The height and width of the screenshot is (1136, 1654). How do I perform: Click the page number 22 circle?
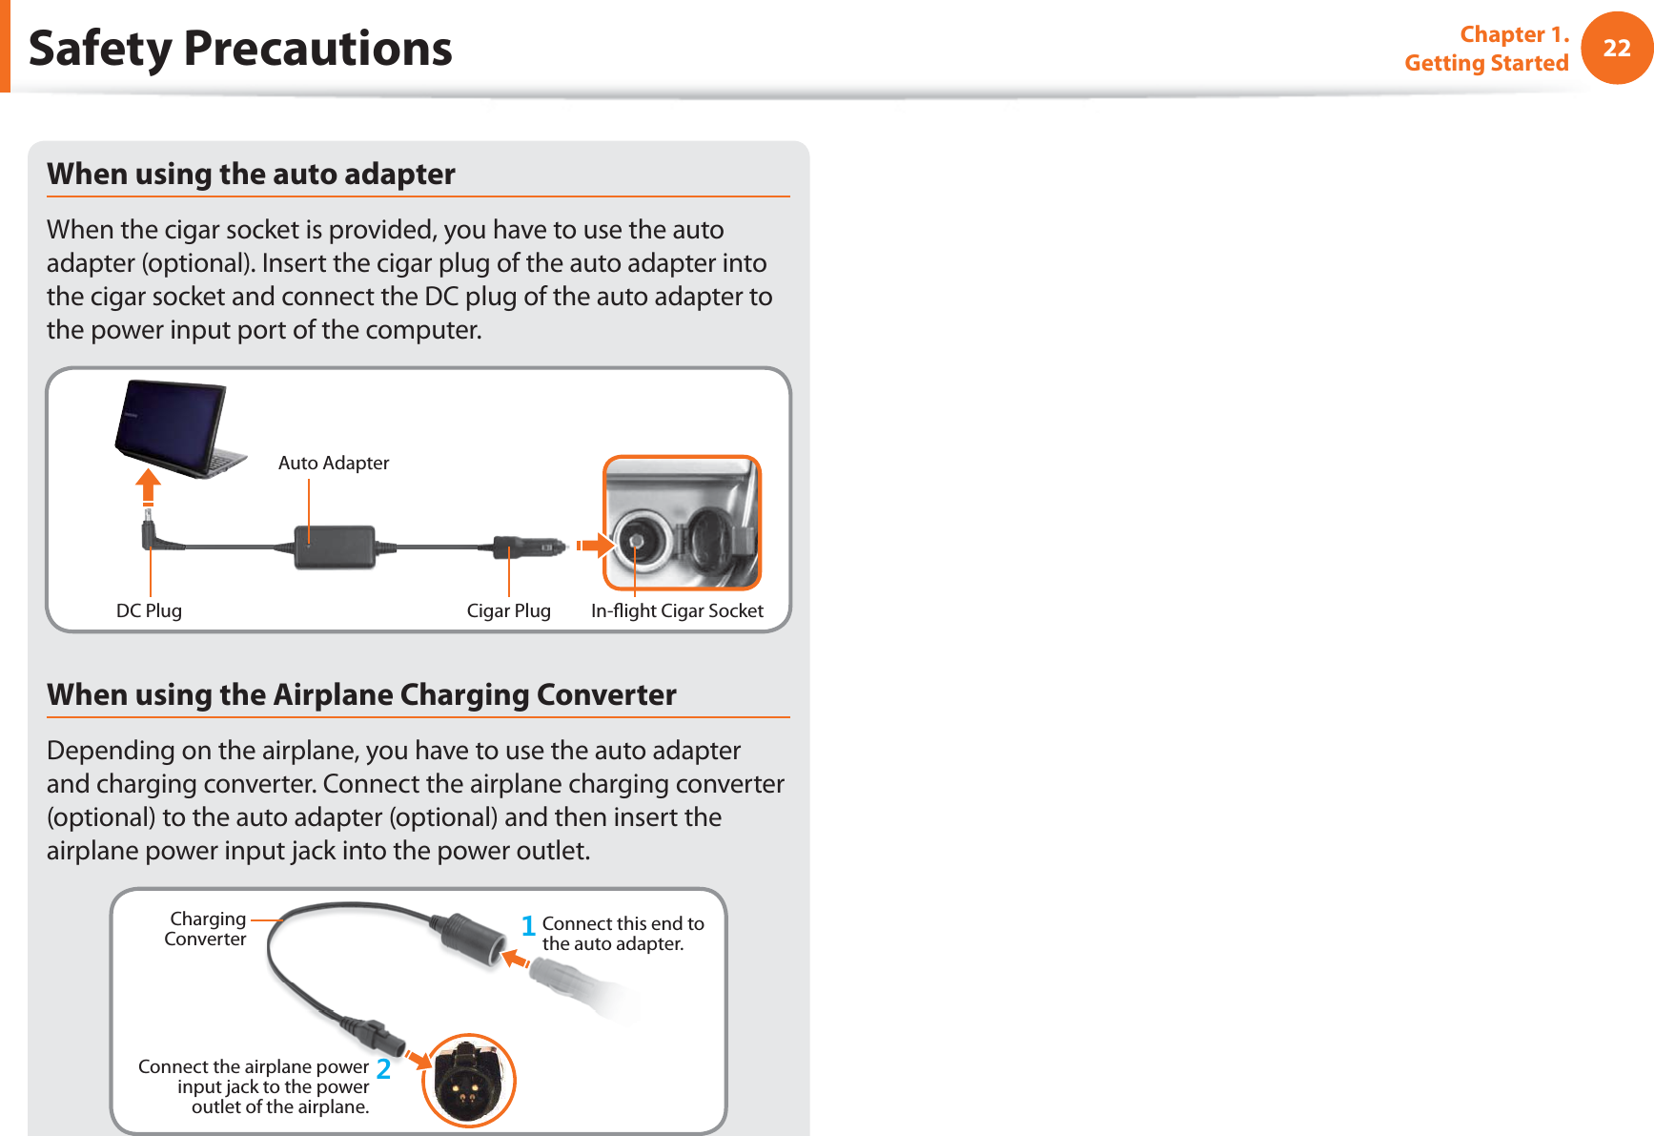(1616, 48)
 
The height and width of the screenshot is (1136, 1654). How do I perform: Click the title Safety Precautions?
(240, 49)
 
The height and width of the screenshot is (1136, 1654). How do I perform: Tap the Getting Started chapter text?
(1486, 63)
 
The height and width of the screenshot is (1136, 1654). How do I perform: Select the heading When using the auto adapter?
(251, 174)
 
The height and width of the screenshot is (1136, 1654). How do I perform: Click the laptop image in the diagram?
(177, 427)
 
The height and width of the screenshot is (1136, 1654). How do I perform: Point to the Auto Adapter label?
(334, 463)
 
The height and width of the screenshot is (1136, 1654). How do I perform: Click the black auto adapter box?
(335, 547)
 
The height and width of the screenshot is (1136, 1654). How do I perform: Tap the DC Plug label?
(149, 610)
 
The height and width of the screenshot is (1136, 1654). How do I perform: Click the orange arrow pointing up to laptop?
(148, 486)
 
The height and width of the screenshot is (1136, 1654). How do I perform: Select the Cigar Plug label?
(508, 610)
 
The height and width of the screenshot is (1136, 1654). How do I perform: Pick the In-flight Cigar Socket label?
(677, 610)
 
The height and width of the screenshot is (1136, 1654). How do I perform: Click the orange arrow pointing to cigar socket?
(595, 547)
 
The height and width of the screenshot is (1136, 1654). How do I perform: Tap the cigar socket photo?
(682, 523)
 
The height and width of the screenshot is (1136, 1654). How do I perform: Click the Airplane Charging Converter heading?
(361, 694)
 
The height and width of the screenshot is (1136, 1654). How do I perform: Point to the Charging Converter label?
(206, 929)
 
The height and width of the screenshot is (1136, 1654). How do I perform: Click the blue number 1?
(528, 926)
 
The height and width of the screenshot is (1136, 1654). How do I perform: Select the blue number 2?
(383, 1069)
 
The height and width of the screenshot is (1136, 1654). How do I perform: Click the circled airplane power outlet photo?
(468, 1080)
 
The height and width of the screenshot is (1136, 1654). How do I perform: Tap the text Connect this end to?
(623, 923)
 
